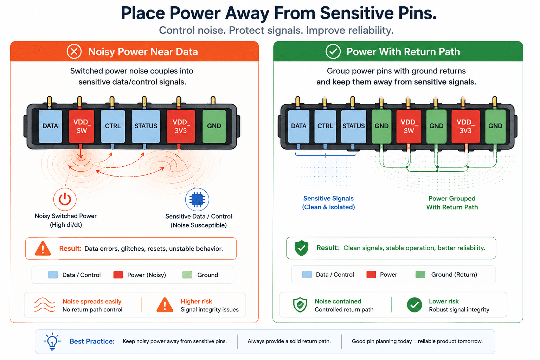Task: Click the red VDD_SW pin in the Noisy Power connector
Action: [82, 126]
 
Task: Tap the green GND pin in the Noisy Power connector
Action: [214, 126]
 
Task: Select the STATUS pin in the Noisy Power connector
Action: [146, 126]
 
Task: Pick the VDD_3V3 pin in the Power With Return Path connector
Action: [465, 127]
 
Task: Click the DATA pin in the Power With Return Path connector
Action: [299, 127]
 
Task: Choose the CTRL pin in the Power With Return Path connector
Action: [325, 127]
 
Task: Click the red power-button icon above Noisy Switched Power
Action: [65, 199]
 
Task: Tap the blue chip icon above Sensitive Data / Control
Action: [197, 200]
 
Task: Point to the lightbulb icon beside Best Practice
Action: [52, 341]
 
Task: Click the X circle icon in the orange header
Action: [74, 51]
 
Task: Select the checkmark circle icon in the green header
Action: [333, 51]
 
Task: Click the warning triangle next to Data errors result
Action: [43, 248]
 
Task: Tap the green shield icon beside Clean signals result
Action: [301, 248]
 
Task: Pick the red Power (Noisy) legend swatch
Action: [118, 275]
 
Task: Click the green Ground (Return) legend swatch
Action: [420, 275]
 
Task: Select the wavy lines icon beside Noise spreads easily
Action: [45, 305]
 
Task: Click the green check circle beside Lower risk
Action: [414, 305]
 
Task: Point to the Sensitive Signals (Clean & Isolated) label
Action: [328, 202]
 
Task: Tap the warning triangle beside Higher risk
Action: [165, 305]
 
